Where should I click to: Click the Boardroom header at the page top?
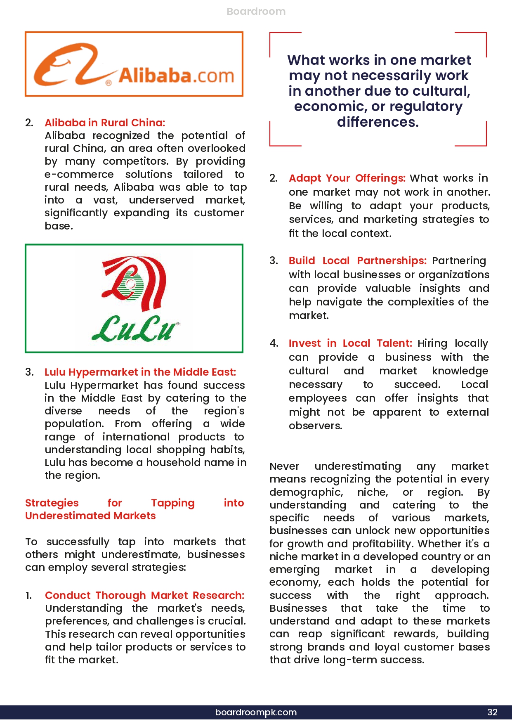click(x=256, y=12)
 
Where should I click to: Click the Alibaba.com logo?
click(x=134, y=64)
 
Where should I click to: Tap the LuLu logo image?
click(x=134, y=298)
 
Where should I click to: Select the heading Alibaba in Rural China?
click(x=105, y=123)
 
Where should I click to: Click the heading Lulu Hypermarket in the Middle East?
click(x=140, y=372)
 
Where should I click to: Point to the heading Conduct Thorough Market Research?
click(x=144, y=595)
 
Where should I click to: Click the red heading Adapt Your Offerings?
click(x=347, y=178)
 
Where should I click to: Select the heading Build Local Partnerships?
click(x=357, y=260)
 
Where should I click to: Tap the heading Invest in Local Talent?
click(x=350, y=343)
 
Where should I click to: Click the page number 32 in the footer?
click(x=492, y=712)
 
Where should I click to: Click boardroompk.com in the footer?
click(x=256, y=712)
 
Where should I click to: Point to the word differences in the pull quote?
click(x=378, y=122)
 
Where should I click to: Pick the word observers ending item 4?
click(x=315, y=426)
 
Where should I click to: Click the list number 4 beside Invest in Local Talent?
click(x=274, y=343)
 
